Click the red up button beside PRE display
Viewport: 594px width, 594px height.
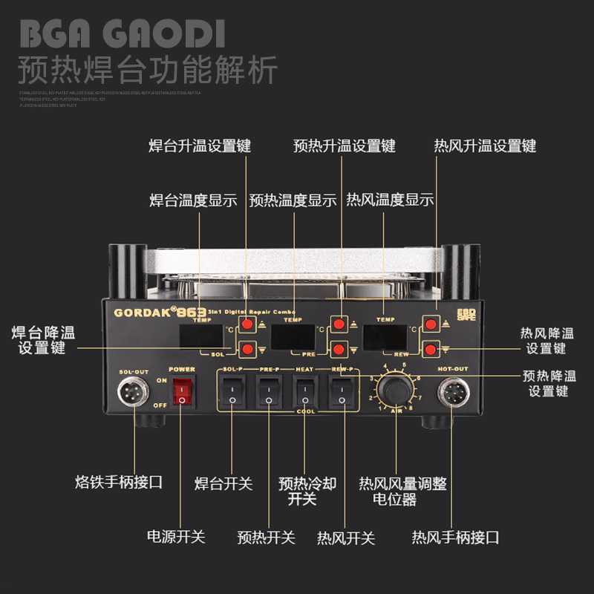pos(339,324)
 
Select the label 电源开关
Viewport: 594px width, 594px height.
pos(176,536)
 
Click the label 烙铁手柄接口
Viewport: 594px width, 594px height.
pos(119,483)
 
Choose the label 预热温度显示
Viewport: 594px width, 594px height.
pos(293,200)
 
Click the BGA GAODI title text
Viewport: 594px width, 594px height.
pos(122,34)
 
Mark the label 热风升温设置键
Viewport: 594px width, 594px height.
pos(485,146)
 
